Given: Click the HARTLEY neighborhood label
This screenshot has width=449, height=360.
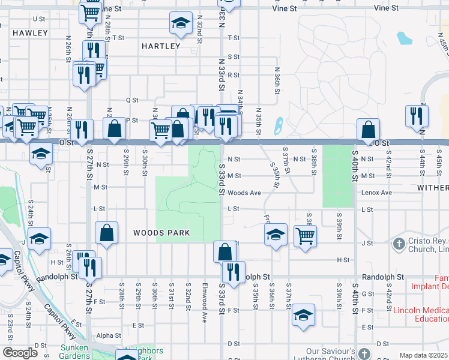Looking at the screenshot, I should pos(161,46).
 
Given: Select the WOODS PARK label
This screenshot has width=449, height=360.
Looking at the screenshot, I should pos(161,233).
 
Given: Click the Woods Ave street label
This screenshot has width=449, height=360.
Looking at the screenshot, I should pos(244,193).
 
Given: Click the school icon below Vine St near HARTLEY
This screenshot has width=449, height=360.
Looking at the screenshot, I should pos(179,24).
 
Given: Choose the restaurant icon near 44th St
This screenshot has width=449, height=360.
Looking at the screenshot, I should pos(415,115).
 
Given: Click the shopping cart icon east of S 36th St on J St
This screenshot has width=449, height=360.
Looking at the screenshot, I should pos(305,236).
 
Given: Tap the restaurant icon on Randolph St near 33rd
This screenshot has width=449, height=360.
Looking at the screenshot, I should pos(234,272).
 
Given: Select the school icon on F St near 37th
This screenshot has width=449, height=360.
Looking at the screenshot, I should pos(303,315).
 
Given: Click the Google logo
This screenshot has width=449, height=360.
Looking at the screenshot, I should pos(20,353).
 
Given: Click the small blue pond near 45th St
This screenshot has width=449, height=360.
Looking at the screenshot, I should pos(404,38).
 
